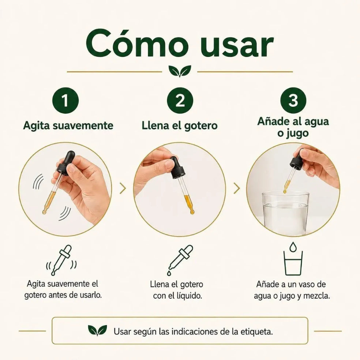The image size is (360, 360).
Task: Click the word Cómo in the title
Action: [x=137, y=44]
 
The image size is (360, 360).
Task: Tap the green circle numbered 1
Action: [x=65, y=100]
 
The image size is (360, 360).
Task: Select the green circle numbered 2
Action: [x=180, y=100]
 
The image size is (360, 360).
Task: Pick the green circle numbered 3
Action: [x=293, y=100]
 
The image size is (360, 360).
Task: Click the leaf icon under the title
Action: [x=180, y=71]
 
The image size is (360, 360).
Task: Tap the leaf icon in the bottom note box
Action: [x=98, y=331]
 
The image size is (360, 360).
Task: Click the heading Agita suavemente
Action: [x=68, y=126]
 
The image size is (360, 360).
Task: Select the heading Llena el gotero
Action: [x=180, y=125]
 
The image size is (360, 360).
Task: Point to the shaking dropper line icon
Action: [x=61, y=260]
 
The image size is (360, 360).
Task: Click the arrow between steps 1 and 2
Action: [x=123, y=188]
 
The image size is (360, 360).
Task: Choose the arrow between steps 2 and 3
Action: [x=237, y=188]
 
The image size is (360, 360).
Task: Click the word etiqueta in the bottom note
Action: [x=257, y=331]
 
